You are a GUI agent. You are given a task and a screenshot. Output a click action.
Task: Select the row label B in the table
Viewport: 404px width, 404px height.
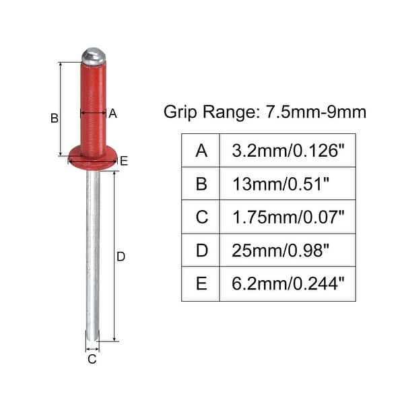tap(201, 184)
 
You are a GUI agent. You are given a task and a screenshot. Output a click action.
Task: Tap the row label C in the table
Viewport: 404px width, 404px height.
tap(201, 217)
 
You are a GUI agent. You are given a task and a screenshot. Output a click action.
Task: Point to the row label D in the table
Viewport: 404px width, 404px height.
tap(201, 250)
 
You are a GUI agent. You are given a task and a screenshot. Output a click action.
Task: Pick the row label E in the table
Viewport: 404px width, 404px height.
tap(201, 283)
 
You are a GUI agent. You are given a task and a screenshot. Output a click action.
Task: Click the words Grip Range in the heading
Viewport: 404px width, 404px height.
tap(207, 112)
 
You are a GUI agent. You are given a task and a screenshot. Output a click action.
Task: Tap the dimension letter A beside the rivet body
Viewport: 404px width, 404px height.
tap(112, 114)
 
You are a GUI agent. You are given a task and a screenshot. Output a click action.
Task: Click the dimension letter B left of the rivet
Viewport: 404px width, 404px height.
tap(55, 119)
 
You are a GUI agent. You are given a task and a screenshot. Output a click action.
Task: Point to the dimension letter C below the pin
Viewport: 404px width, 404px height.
tap(92, 359)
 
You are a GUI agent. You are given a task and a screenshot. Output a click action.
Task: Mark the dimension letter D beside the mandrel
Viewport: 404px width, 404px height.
tap(121, 257)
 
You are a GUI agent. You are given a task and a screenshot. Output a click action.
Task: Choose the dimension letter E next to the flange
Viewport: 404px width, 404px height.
tap(123, 160)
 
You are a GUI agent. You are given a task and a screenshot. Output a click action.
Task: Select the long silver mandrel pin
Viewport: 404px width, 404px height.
tap(93, 256)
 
